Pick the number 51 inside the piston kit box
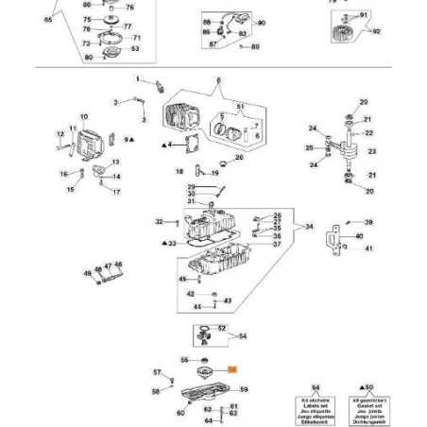click(240, 106)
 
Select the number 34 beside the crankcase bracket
click(309, 227)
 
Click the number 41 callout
click(368, 248)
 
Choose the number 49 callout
click(86, 273)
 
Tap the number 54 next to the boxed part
click(243, 335)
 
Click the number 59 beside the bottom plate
click(244, 388)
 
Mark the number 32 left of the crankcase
click(159, 221)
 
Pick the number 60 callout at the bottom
click(180, 413)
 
